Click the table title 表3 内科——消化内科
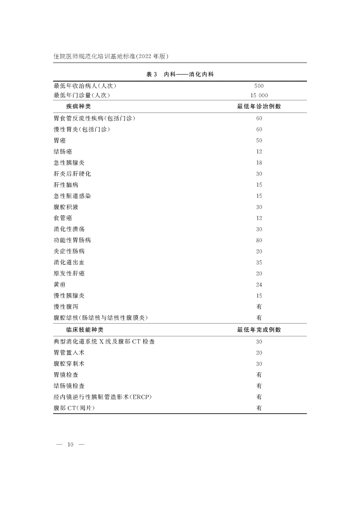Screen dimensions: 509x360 (x=183, y=75)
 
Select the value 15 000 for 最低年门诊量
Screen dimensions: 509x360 (x=259, y=95)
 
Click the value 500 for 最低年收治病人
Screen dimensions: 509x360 (x=259, y=86)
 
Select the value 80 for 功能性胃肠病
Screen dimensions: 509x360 (x=259, y=240)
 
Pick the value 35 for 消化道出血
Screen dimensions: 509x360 (x=259, y=262)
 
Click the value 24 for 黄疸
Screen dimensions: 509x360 (x=259, y=284)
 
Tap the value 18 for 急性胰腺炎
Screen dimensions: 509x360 (x=259, y=162)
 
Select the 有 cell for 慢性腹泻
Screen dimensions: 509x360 (x=259, y=306)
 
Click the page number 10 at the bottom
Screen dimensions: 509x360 (x=70, y=445)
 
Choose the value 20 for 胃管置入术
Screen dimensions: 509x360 (x=259, y=353)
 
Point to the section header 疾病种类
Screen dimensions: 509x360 (x=78, y=107)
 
